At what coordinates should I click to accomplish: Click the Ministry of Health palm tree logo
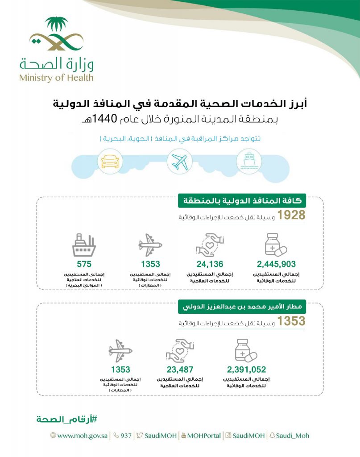pyautogui.click(x=56, y=34)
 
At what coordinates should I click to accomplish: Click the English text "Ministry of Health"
pyautogui.click(x=56, y=77)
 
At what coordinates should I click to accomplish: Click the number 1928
pyautogui.click(x=291, y=216)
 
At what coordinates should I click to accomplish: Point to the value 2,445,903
pyautogui.click(x=276, y=264)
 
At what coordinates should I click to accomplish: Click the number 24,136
pyautogui.click(x=210, y=264)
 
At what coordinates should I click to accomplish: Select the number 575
pyautogui.click(x=84, y=264)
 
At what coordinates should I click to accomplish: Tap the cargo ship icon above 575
pyautogui.click(x=84, y=245)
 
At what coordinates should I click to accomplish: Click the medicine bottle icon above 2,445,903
pyautogui.click(x=275, y=245)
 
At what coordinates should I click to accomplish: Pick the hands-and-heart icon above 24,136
pyautogui.click(x=210, y=245)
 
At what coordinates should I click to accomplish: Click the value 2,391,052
pyautogui.click(x=246, y=370)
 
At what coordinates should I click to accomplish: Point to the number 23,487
pyautogui.click(x=180, y=370)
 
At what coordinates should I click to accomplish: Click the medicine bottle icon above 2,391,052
pyautogui.click(x=246, y=350)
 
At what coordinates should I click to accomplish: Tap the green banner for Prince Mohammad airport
pyautogui.click(x=241, y=307)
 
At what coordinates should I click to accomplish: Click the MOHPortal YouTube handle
pyautogui.click(x=203, y=435)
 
